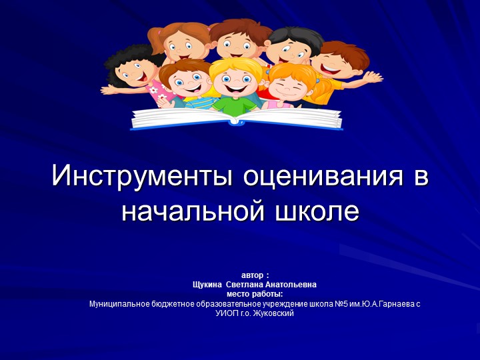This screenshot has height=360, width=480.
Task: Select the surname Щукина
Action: [x=207, y=284]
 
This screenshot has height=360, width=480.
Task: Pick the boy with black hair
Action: [x=287, y=50]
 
